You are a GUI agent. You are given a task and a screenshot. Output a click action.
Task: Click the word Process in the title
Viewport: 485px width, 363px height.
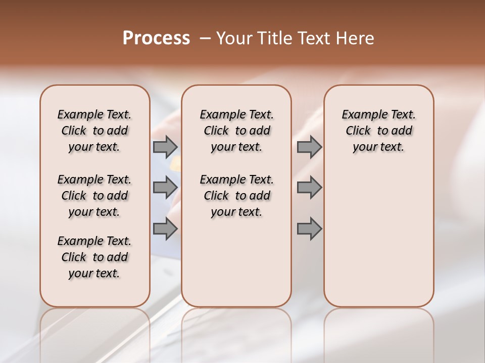coord(156,38)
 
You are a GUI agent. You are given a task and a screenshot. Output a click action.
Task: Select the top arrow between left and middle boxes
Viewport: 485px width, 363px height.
coord(165,147)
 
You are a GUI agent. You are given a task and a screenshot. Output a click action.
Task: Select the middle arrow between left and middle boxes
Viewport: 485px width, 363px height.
coord(165,188)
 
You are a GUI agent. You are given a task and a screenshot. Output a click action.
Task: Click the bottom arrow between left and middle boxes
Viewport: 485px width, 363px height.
coord(165,229)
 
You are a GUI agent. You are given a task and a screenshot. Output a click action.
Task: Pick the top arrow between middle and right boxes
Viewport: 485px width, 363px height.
coord(309,147)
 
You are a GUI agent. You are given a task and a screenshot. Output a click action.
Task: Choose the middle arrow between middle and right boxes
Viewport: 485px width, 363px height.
coord(309,188)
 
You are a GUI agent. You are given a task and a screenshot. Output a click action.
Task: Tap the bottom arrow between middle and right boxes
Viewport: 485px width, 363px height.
coord(309,229)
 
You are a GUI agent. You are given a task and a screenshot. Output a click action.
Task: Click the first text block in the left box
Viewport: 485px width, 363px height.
coord(94,131)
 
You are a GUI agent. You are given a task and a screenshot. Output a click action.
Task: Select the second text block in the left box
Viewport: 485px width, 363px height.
coord(94,196)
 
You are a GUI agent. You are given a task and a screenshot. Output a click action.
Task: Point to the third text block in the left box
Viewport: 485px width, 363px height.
coord(94,257)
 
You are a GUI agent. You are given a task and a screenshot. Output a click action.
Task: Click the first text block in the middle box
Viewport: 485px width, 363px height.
coord(236,131)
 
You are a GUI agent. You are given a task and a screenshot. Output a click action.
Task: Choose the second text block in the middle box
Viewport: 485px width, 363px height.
coord(236,196)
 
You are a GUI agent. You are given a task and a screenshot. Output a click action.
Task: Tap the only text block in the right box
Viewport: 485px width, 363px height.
coord(378,131)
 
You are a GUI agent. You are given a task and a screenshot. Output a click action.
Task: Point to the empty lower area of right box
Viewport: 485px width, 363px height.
coord(378,232)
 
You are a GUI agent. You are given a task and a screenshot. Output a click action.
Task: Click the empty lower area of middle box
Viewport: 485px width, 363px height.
coord(236,262)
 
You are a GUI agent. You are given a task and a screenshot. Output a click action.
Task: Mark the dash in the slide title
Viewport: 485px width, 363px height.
coord(205,38)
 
